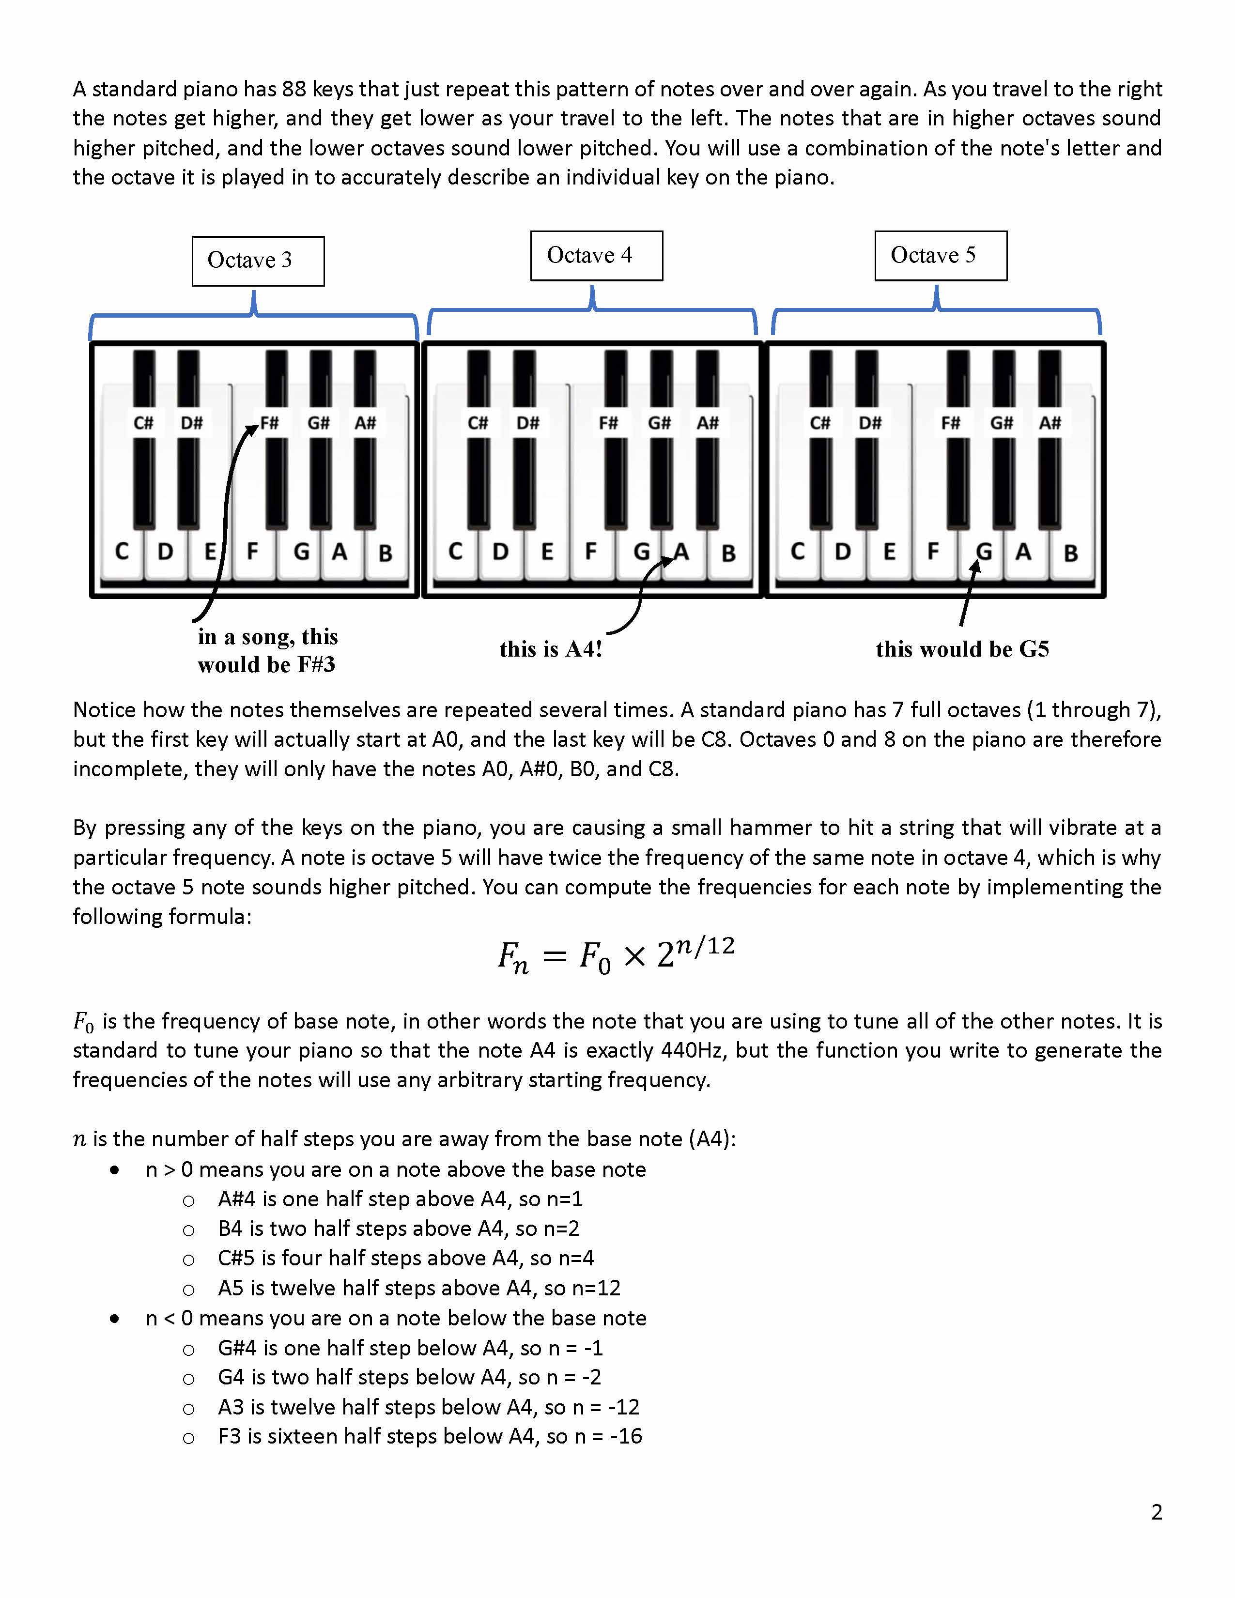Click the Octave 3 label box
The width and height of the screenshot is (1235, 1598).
point(258,261)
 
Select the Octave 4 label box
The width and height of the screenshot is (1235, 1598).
point(596,255)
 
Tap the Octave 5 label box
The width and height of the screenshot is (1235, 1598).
point(940,255)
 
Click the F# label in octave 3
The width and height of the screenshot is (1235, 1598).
point(270,423)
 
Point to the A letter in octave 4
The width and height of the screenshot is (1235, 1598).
point(681,552)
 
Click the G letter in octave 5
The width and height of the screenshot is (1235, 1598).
point(984,552)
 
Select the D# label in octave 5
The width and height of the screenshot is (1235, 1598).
point(870,423)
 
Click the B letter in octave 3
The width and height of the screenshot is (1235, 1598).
point(385,553)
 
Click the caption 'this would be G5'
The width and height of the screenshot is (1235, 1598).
point(962,649)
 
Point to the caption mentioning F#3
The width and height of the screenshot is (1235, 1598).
point(267,650)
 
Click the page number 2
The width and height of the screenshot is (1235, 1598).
point(1156,1512)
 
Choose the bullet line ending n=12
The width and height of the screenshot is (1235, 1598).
point(418,1288)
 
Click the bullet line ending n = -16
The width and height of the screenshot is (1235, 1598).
point(430,1436)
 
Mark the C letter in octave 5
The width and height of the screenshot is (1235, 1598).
point(798,552)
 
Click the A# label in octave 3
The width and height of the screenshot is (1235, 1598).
point(365,423)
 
